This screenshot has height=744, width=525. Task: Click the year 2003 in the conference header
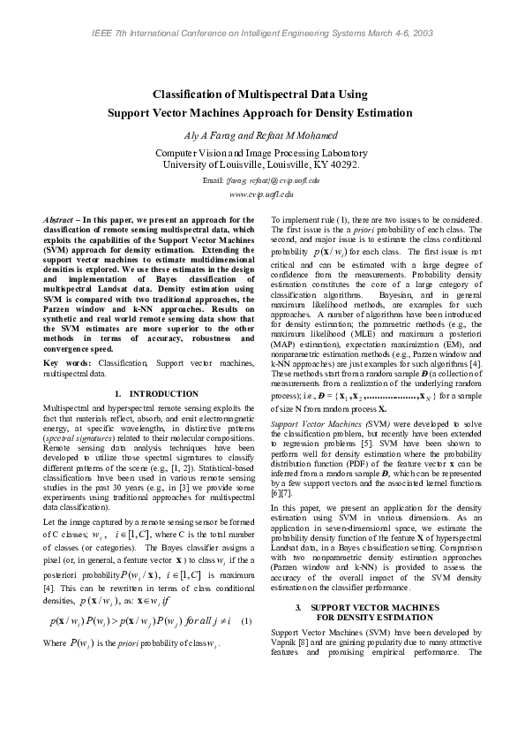click(422, 33)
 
